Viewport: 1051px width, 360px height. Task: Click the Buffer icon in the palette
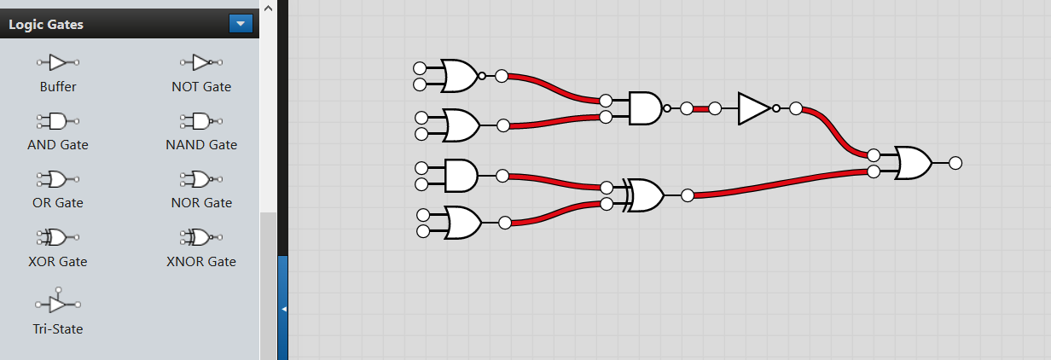58,62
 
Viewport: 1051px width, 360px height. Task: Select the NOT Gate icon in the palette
201,62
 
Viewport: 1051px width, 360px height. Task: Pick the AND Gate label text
58,144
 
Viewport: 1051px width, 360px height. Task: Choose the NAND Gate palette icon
201,121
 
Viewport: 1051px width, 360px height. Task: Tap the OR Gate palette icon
58,179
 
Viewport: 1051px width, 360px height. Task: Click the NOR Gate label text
201,203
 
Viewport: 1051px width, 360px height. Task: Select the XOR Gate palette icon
58,237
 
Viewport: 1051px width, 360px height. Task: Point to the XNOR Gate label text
201,261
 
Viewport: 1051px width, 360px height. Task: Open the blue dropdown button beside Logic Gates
241,24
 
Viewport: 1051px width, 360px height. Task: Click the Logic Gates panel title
46,25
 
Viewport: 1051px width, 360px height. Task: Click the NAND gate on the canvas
647,108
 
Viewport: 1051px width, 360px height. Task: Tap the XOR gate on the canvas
644,195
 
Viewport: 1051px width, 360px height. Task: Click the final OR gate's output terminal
955,163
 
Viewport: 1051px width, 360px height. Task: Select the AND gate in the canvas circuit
461,176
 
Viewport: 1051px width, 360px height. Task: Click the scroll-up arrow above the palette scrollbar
269,8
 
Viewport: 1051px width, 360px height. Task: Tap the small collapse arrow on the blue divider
283,309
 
